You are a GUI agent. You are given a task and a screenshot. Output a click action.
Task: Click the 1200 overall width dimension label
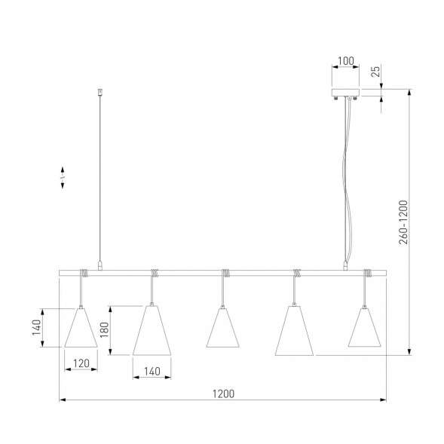point(223,393)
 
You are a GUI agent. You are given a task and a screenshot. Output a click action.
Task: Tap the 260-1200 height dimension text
point(403,222)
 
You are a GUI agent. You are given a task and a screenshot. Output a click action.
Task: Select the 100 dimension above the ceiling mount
point(346,61)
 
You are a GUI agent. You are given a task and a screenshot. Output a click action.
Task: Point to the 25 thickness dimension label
point(375,72)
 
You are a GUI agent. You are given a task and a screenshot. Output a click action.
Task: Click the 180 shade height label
point(105,330)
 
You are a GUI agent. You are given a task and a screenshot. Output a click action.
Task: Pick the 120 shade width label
point(81,363)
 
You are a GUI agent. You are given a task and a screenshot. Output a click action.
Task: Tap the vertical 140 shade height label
point(36,327)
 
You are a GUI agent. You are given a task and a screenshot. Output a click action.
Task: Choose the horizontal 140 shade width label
point(152,371)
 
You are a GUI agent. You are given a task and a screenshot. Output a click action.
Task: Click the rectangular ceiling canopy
point(345,93)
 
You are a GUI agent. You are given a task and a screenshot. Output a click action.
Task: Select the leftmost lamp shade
point(81,327)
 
